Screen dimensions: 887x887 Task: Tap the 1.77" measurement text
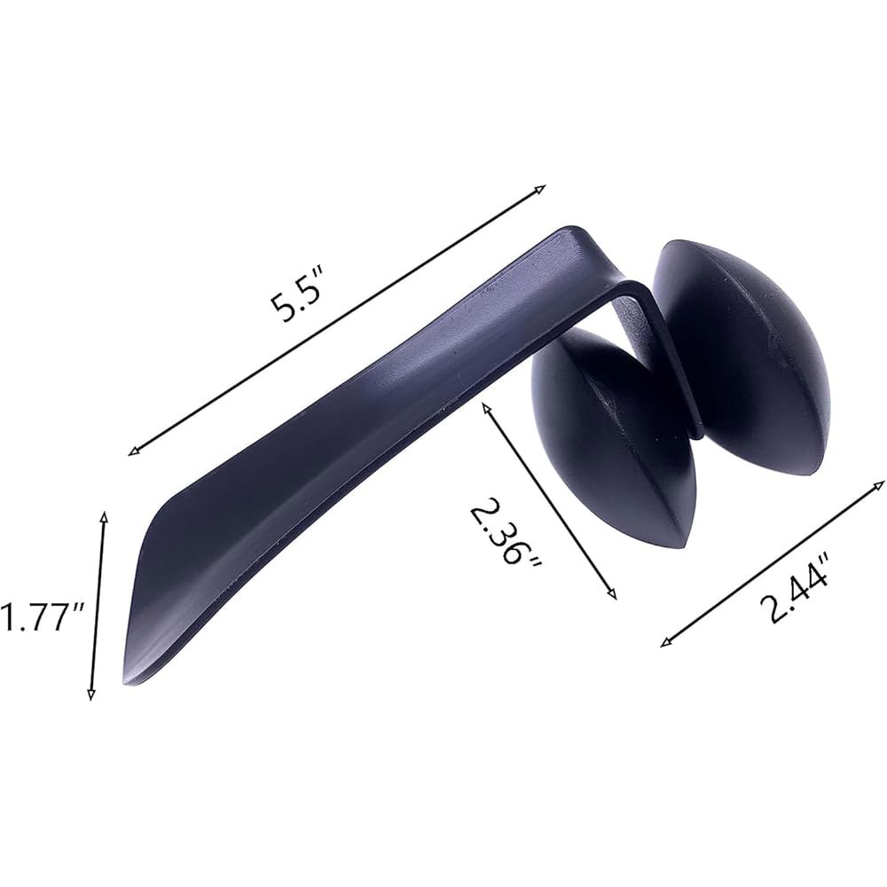point(42,616)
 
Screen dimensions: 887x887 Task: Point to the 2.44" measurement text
point(795,586)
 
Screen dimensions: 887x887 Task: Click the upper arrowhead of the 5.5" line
point(542,188)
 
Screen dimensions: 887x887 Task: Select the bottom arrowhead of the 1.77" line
point(90,695)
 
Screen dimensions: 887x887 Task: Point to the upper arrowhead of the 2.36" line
point(484,405)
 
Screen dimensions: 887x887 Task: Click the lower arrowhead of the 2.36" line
point(612,594)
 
